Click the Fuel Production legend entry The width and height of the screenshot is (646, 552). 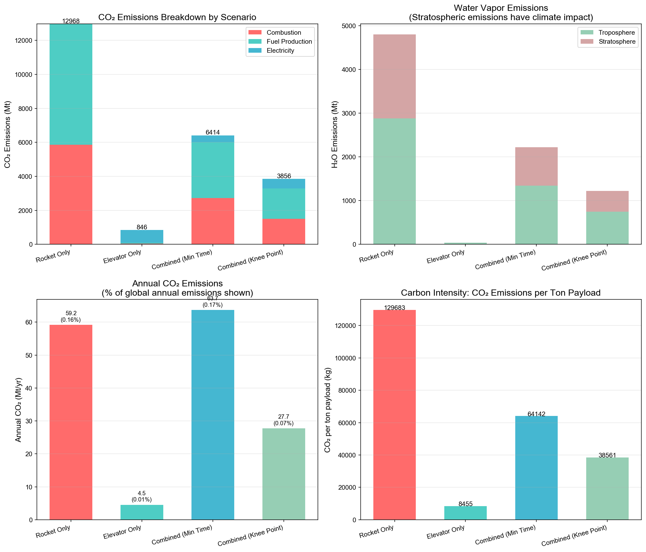point(289,42)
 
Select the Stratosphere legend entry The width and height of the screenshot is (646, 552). point(617,42)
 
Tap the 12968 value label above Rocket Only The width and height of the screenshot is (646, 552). point(71,21)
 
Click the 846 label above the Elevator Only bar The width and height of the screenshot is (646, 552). point(142,227)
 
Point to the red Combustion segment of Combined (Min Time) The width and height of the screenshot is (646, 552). point(213,221)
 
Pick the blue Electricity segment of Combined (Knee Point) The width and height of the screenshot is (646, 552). point(284,184)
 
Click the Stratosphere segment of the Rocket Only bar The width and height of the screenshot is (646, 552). point(394,77)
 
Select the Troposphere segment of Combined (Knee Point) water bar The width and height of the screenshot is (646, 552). point(607,228)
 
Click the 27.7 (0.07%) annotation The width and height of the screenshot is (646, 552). point(284,420)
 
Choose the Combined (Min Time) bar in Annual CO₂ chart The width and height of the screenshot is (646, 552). point(213,415)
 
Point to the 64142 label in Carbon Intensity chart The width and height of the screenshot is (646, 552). point(536,414)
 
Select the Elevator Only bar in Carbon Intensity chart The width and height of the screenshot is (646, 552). point(465,513)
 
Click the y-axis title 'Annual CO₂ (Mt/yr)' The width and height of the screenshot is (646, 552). point(18,410)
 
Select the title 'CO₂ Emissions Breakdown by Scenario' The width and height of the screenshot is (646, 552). point(177,17)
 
